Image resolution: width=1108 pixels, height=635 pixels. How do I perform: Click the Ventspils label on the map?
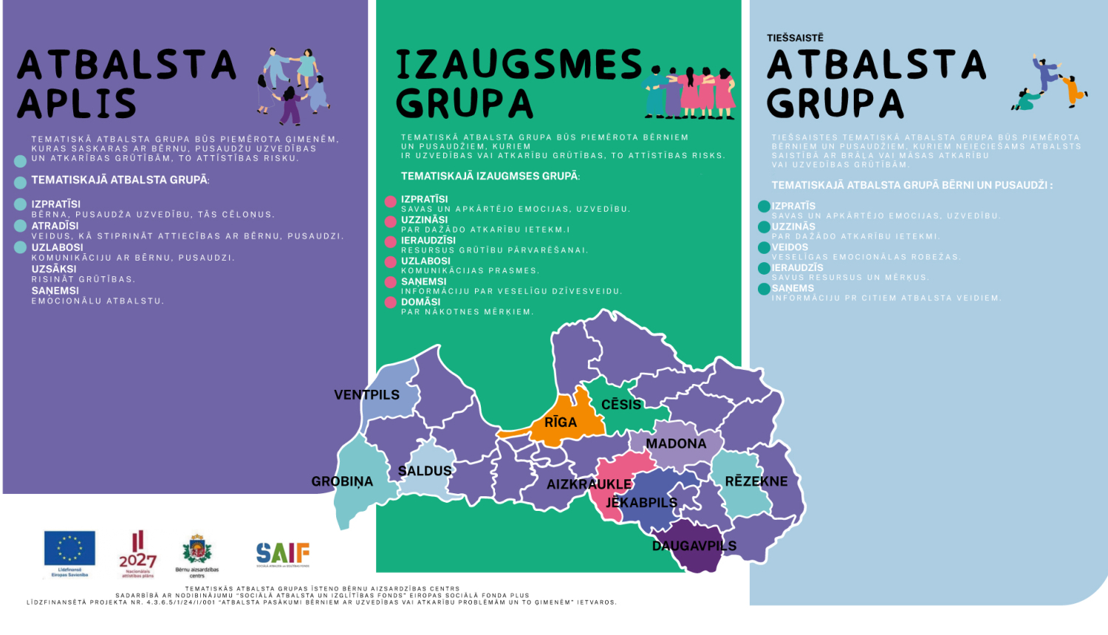[366, 395]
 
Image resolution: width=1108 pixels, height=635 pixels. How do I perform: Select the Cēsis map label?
[621, 405]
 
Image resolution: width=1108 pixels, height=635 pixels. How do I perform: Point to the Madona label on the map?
[676, 444]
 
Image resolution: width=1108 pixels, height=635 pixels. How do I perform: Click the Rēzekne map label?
[756, 481]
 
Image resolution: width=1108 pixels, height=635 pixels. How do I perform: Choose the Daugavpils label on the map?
[694, 546]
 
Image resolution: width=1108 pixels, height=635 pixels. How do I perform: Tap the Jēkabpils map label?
[641, 503]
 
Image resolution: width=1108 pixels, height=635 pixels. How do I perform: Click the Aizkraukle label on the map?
[589, 484]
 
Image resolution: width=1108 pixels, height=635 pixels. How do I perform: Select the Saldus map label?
[425, 471]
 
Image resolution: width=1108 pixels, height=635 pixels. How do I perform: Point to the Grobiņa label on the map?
[342, 481]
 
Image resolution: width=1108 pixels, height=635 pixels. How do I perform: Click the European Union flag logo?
[69, 550]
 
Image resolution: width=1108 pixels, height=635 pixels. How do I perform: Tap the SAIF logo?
[283, 554]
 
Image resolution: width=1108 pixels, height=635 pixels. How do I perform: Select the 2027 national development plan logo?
[137, 554]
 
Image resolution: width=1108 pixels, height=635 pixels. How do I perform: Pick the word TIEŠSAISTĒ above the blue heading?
[795, 38]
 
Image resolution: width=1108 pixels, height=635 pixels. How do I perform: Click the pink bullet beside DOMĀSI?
[391, 303]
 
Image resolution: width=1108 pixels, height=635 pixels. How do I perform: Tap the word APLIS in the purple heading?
[77, 104]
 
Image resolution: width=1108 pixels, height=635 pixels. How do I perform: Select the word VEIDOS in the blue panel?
[790, 247]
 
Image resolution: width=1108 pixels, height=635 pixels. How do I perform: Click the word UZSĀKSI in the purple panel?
[54, 270]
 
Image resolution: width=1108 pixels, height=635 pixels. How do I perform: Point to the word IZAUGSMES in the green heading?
[519, 65]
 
